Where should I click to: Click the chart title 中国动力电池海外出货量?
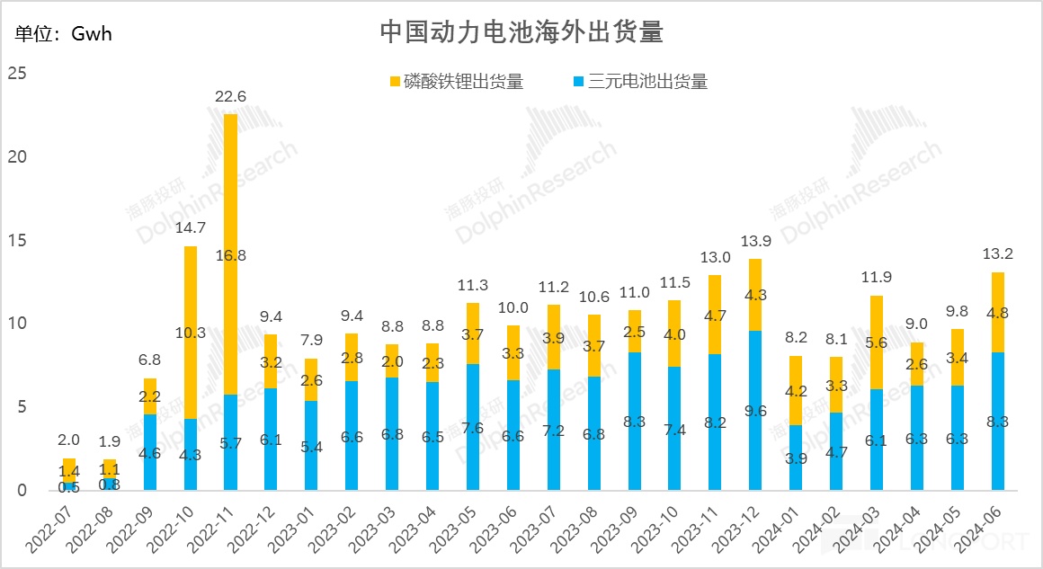tap(521, 33)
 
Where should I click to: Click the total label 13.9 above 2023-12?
tap(755, 242)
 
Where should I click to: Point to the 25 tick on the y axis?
tap(16, 73)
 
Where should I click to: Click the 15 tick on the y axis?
tap(16, 241)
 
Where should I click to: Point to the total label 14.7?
tap(191, 229)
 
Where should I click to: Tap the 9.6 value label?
tap(755, 412)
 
